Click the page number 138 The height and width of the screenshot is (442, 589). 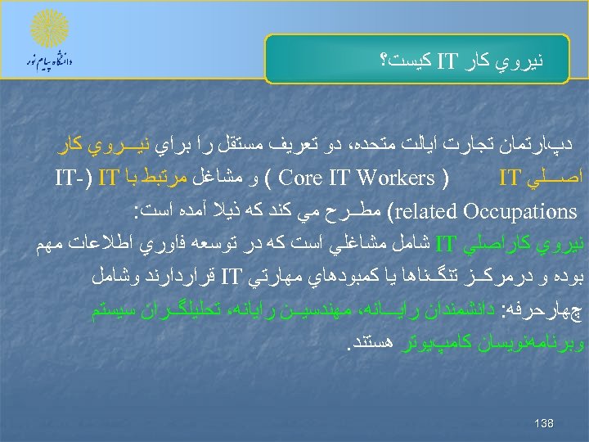coord(543,423)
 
